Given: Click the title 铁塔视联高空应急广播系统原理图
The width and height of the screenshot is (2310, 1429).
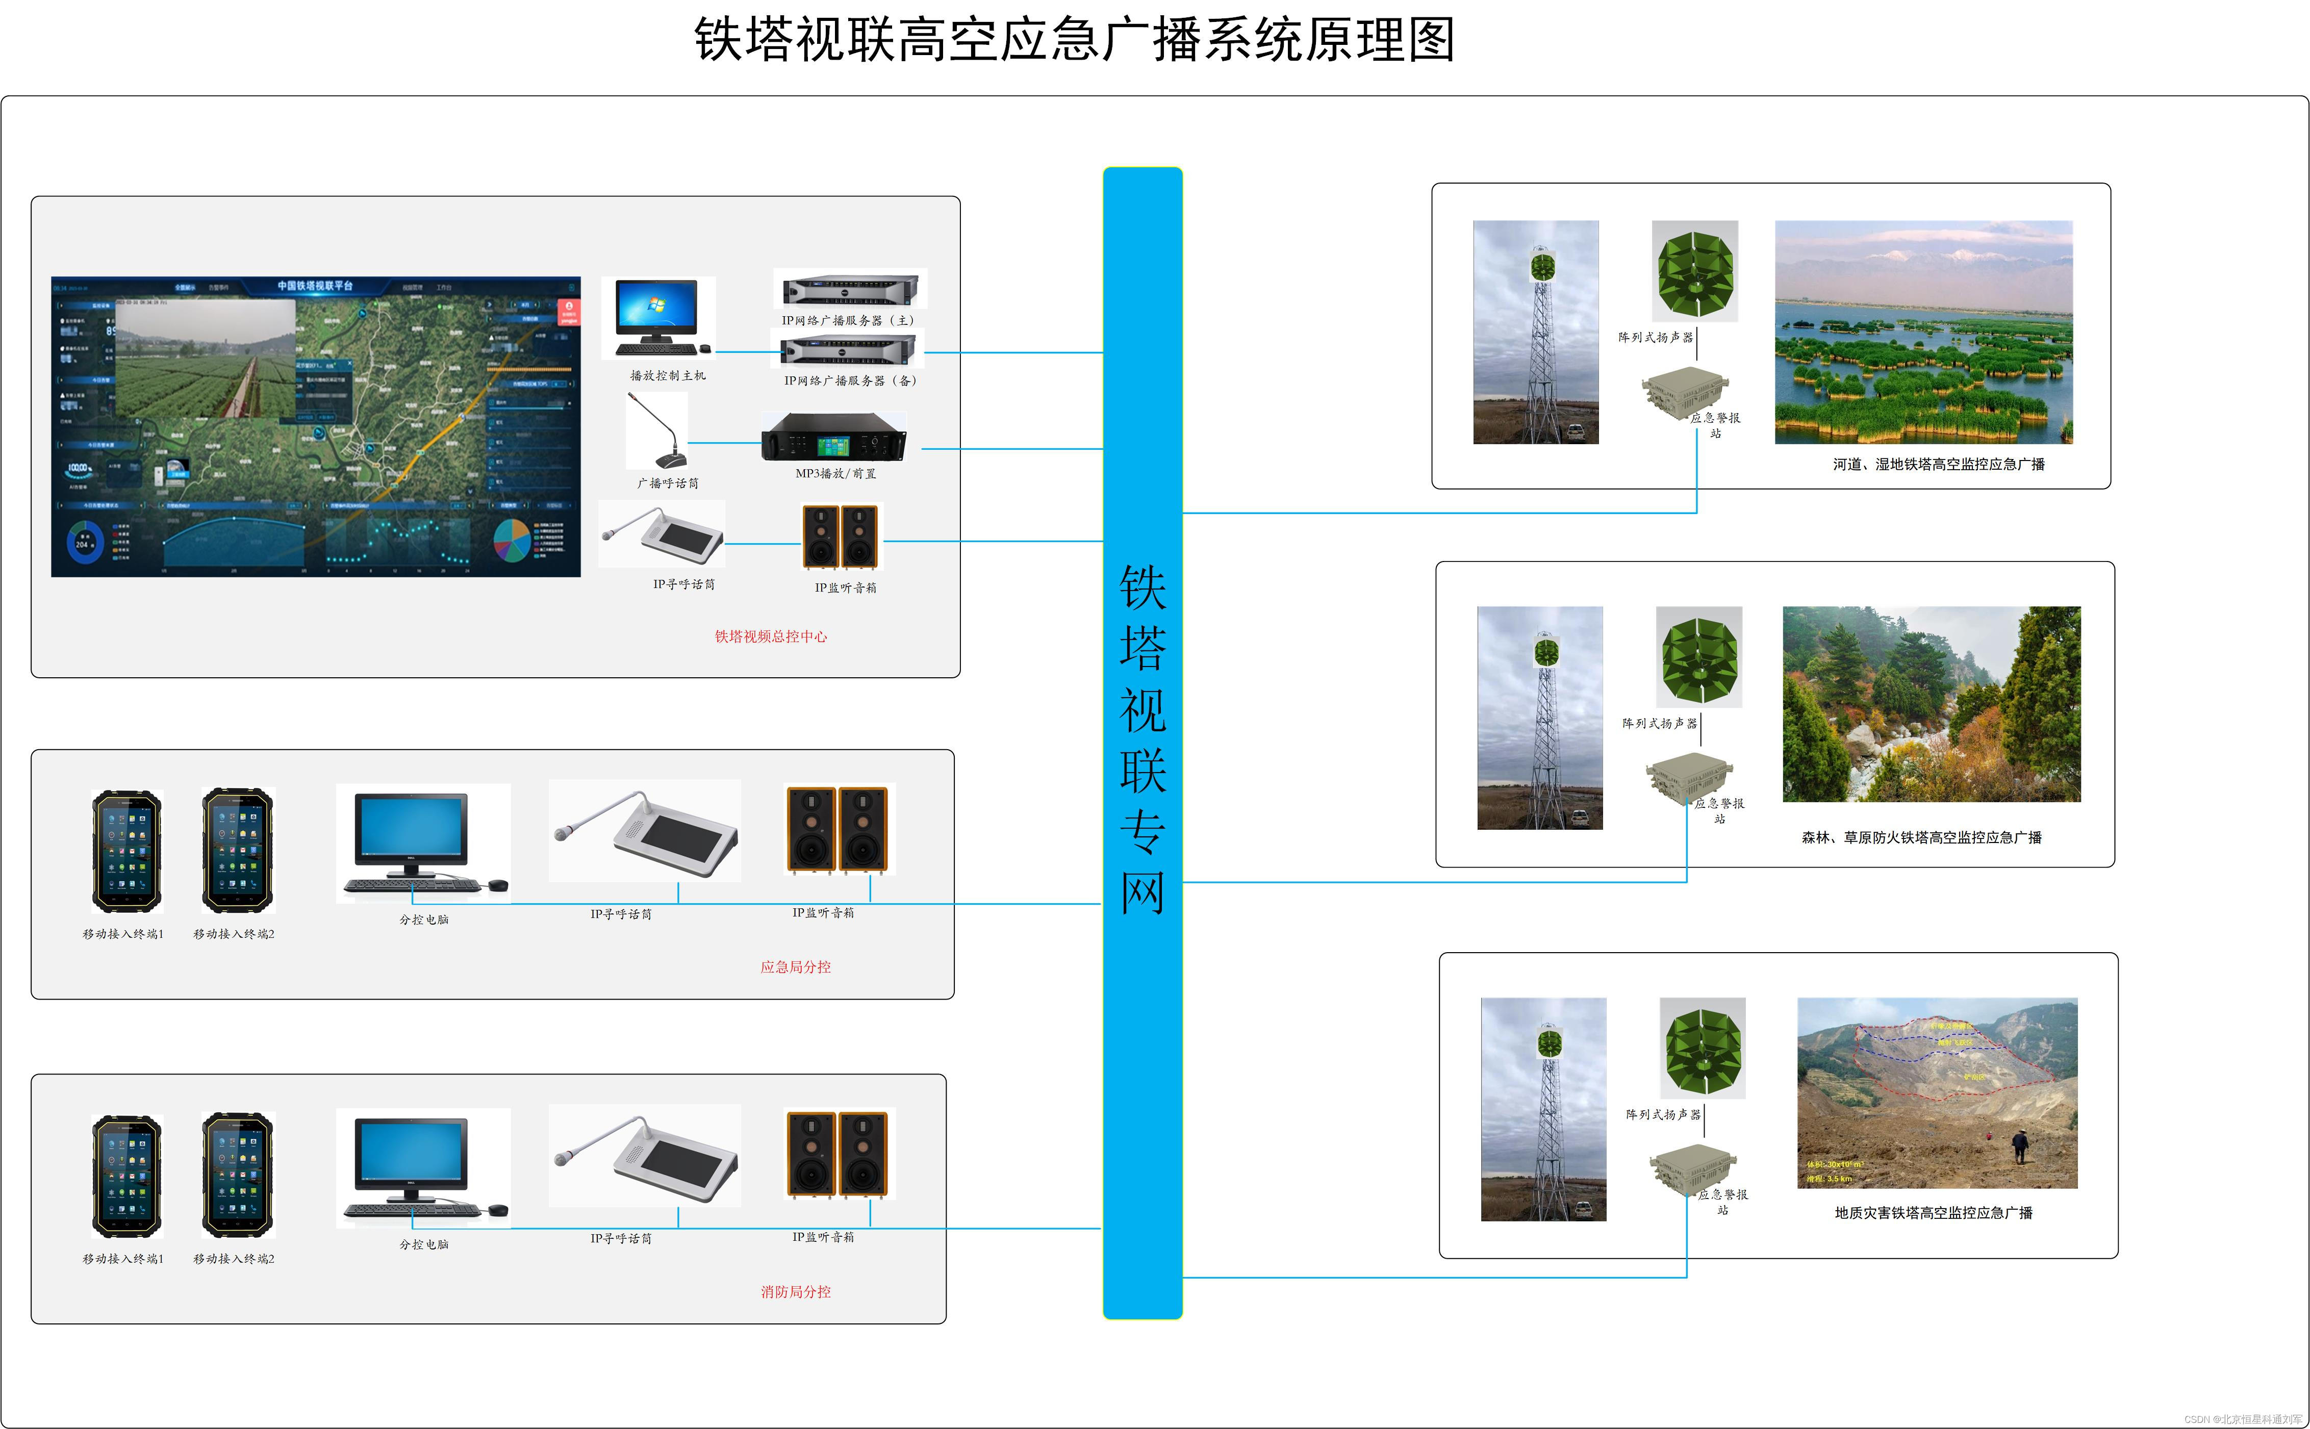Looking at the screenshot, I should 1075,40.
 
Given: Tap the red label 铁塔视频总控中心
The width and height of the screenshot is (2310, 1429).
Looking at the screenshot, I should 770,636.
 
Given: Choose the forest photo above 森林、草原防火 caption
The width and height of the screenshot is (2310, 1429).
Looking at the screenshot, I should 1931,704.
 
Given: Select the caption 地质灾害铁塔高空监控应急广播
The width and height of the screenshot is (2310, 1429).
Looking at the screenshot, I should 1933,1213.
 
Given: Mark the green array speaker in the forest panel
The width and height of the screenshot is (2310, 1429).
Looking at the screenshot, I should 1698,657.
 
